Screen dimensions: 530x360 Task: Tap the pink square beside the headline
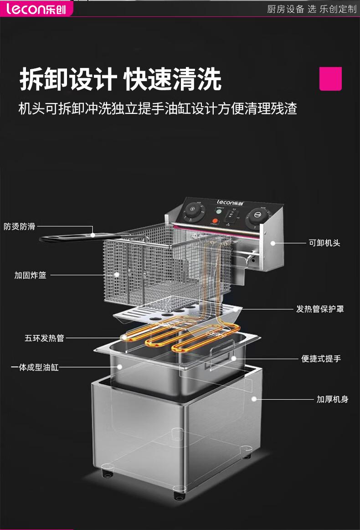(330, 79)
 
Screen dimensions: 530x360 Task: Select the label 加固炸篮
(30, 275)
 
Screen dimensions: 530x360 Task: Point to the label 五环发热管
(44, 338)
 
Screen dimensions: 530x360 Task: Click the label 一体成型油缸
(35, 367)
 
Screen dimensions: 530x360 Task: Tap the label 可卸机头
(324, 243)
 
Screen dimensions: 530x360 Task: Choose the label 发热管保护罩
(320, 309)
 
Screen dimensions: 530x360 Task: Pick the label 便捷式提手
(321, 359)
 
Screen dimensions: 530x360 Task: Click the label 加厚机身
(332, 399)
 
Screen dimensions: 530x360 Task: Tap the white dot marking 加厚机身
(253, 399)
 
